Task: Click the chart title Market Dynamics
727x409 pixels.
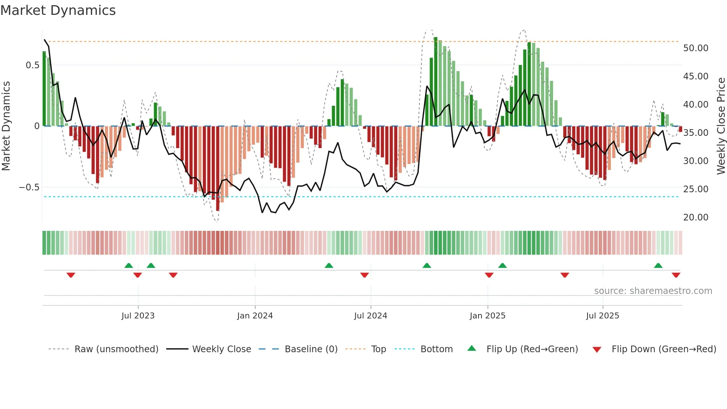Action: [58, 10]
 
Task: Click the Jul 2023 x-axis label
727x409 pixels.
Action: [138, 316]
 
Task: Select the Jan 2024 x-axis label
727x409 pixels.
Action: [255, 316]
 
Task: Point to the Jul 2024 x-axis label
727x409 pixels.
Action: [371, 316]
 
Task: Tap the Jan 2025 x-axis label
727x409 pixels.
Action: [487, 316]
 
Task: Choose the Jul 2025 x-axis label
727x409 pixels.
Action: [603, 316]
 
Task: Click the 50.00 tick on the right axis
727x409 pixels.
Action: [695, 48]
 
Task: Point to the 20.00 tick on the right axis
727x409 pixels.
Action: [695, 217]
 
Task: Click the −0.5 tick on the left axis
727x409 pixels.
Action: [29, 187]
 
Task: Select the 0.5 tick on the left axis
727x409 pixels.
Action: [32, 65]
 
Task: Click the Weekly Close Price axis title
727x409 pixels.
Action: [721, 126]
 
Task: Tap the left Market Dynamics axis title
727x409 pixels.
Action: [6, 126]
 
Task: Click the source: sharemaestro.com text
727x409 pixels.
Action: [653, 291]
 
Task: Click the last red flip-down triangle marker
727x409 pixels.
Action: [676, 275]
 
